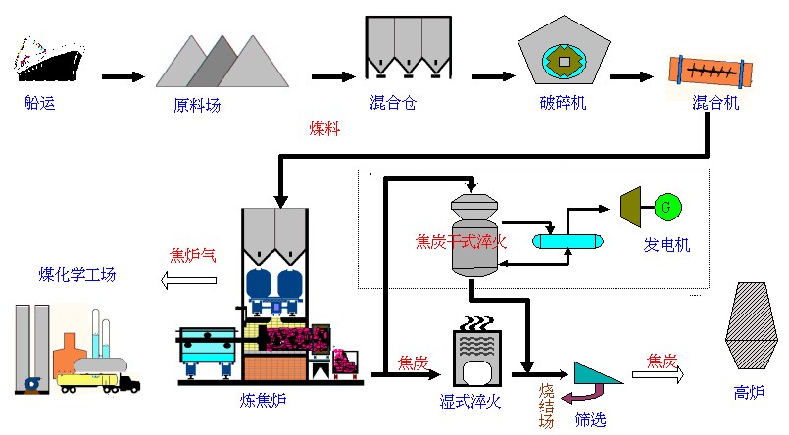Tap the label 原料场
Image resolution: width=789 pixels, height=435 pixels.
(x=197, y=105)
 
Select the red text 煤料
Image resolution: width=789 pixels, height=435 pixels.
(x=324, y=128)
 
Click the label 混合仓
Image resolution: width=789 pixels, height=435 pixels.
(x=393, y=103)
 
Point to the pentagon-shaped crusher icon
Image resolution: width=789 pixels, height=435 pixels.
(x=565, y=50)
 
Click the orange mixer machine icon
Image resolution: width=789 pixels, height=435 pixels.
(x=711, y=72)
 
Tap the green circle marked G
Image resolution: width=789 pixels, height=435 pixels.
(x=667, y=207)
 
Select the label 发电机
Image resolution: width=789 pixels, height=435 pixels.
(x=666, y=245)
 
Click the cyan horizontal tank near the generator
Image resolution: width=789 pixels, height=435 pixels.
(x=567, y=242)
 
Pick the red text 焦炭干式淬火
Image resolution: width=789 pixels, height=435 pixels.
(x=461, y=242)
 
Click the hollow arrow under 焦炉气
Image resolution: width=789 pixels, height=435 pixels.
(x=189, y=280)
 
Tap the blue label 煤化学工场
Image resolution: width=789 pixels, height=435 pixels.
(x=77, y=275)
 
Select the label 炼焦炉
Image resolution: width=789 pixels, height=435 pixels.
(x=264, y=401)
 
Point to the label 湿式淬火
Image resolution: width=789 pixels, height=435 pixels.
(x=470, y=402)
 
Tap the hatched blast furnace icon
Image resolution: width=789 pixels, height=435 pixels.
(x=751, y=325)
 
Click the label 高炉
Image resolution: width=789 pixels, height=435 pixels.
(x=749, y=392)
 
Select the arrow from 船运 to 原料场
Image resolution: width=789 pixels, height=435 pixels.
(x=123, y=77)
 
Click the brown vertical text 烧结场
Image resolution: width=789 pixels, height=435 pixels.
(x=547, y=406)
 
